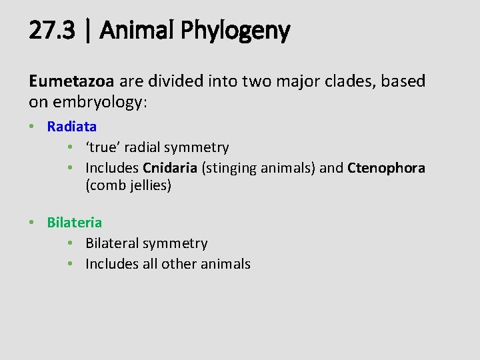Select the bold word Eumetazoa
click(x=72, y=81)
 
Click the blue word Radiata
click(x=72, y=126)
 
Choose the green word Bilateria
click(x=75, y=222)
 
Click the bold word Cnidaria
click(x=169, y=168)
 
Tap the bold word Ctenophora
click(x=386, y=168)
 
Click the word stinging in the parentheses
click(x=230, y=168)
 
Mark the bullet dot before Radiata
click(x=33, y=127)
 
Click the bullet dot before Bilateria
click(x=33, y=223)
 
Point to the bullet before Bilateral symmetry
click(x=71, y=244)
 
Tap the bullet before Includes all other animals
click(x=71, y=265)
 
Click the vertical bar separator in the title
click(x=88, y=31)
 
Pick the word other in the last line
click(x=180, y=264)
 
